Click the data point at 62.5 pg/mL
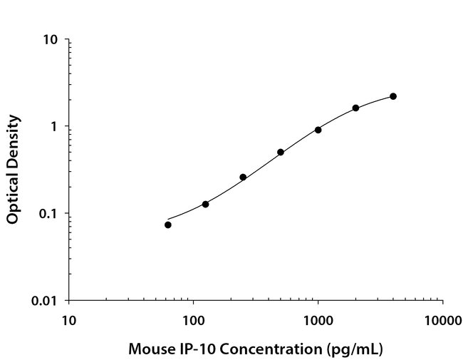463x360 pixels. [x=168, y=225]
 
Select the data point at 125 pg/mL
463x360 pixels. [x=206, y=204]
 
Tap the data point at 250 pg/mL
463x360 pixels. [x=243, y=177]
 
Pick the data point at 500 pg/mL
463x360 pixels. [x=281, y=152]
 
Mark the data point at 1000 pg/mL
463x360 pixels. [x=318, y=130]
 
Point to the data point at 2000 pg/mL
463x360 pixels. [x=355, y=108]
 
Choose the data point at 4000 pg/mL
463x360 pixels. [x=393, y=96]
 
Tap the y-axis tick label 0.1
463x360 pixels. [x=49, y=213]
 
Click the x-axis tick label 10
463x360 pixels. [x=68, y=319]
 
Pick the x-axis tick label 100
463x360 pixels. [x=193, y=319]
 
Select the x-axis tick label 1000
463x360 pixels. [x=318, y=319]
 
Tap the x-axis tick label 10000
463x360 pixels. [x=442, y=319]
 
